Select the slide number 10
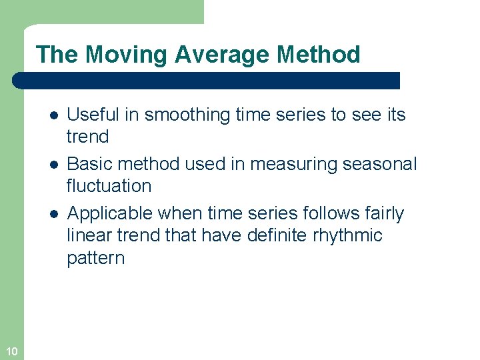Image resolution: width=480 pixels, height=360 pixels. pyautogui.click(x=11, y=351)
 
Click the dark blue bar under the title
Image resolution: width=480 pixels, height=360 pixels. pyautogui.click(x=207, y=81)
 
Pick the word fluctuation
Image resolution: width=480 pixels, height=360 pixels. pyautogui.click(x=109, y=186)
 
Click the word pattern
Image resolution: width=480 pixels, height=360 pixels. pyautogui.click(x=95, y=258)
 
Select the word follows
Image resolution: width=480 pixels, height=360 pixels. pyautogui.click(x=323, y=213)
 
